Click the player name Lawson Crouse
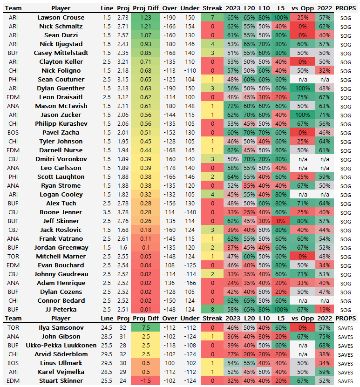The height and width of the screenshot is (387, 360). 61,17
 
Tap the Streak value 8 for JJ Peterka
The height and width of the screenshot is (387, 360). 212,309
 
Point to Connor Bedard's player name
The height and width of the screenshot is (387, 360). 61,300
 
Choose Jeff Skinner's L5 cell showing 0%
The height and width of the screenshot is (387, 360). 281,221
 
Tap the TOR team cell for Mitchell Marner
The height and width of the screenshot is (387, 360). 14,256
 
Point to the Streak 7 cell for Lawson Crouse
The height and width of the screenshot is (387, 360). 212,17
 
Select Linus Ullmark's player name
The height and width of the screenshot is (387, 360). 61,363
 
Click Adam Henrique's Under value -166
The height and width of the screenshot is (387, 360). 189,283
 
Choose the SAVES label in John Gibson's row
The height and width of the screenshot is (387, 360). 346,336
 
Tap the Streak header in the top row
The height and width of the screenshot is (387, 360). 212,8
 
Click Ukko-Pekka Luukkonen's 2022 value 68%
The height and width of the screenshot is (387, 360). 324,345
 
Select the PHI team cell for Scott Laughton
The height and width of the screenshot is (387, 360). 14,177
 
